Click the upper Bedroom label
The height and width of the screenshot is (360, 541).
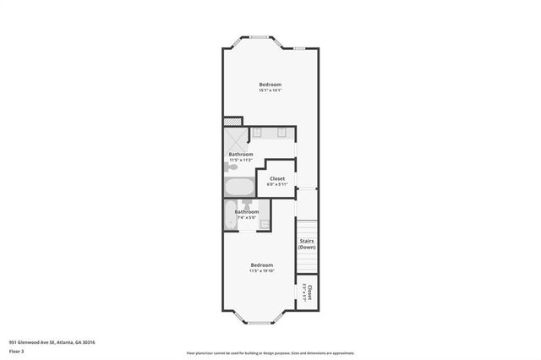[270, 85]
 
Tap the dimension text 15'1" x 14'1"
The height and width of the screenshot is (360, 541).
[270, 91]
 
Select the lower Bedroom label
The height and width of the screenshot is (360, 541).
[262, 265]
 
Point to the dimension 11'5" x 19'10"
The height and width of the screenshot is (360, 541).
[262, 271]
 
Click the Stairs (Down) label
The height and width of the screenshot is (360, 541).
[307, 243]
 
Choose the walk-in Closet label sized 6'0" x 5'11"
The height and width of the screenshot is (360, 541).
[277, 179]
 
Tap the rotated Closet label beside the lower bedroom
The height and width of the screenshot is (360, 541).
[309, 293]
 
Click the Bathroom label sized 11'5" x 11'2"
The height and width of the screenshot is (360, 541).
[241, 154]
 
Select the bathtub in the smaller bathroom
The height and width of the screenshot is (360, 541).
[231, 215]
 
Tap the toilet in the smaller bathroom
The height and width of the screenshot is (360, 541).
[247, 204]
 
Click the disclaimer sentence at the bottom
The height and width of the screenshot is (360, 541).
[270, 353]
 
